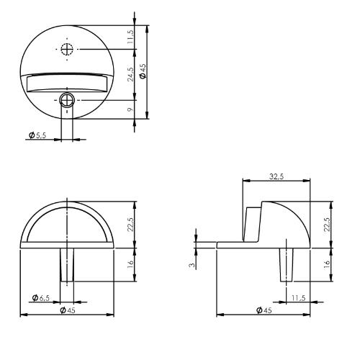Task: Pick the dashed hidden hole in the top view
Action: [x=67, y=49]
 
